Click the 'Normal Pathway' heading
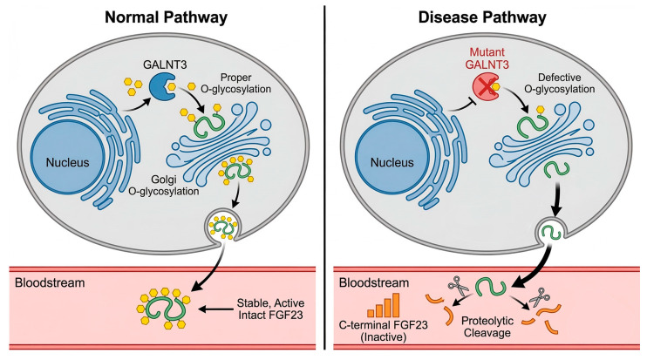click(166, 17)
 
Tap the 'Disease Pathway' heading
click(482, 17)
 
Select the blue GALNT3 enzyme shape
click(161, 87)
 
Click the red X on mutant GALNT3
click(485, 87)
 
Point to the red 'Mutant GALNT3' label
click(487, 58)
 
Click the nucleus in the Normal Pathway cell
click(68, 162)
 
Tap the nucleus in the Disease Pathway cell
click(392, 162)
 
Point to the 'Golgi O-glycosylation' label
click(164, 185)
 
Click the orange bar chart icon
click(384, 305)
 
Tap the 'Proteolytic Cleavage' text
click(487, 327)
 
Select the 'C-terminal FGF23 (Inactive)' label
click(384, 330)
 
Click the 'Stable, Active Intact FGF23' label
click(270, 309)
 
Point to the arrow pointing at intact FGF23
click(215, 309)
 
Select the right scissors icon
click(538, 297)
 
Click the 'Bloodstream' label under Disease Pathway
click(374, 282)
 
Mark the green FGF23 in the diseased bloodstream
click(491, 288)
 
